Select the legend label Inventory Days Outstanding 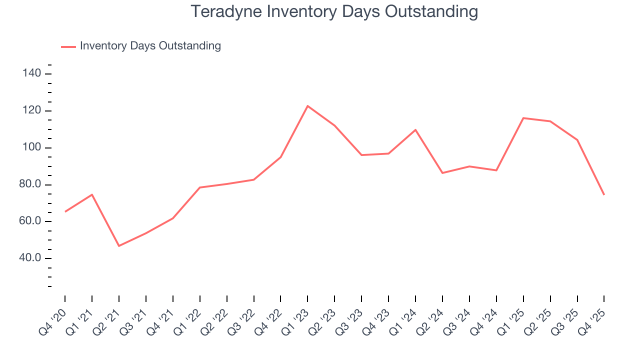pyautogui.click(x=150, y=46)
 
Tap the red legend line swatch pyautogui.click(x=68, y=46)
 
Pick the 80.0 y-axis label pyautogui.click(x=29, y=185)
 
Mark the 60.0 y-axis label pyautogui.click(x=29, y=221)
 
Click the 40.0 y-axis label pyautogui.click(x=29, y=258)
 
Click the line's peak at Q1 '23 pyautogui.click(x=307, y=106)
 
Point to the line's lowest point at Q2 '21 pyautogui.click(x=119, y=246)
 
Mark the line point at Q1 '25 pyautogui.click(x=523, y=118)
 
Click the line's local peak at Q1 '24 pyautogui.click(x=415, y=130)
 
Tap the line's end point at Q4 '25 pyautogui.click(x=604, y=194)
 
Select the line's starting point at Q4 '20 pyautogui.click(x=65, y=211)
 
